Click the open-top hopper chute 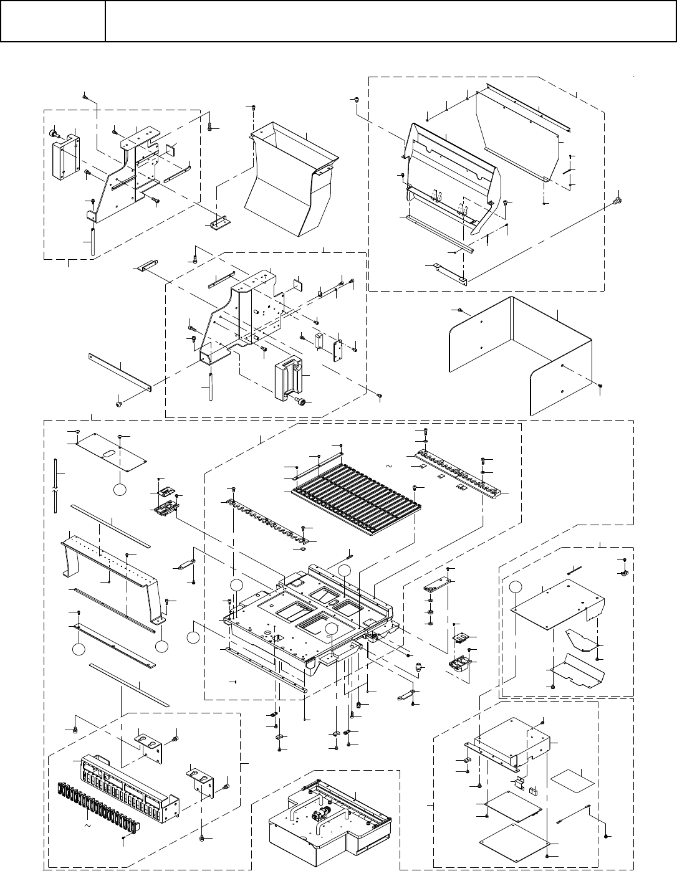[x=290, y=181]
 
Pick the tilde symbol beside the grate [x=388, y=466]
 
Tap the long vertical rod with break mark [x=56, y=486]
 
